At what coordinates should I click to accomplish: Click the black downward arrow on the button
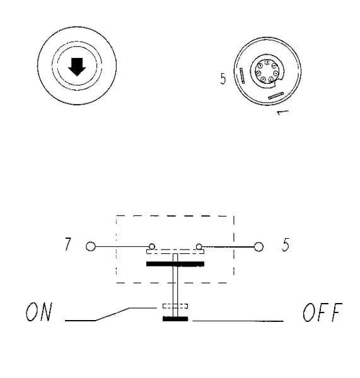tap(77, 67)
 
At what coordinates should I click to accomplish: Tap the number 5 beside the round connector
tap(223, 79)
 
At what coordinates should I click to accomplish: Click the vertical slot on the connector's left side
tap(242, 76)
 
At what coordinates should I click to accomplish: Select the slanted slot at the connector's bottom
tap(276, 96)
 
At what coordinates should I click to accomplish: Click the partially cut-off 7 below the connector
tap(282, 113)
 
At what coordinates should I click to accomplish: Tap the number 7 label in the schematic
tap(68, 244)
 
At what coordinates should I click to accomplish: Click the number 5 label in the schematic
tap(286, 244)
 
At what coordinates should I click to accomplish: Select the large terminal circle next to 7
tap(91, 246)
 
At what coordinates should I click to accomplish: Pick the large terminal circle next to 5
tap(259, 246)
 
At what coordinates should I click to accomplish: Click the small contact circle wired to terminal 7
tap(152, 246)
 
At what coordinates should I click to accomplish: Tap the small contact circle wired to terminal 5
tap(199, 246)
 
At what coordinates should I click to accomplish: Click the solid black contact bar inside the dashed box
tap(175, 264)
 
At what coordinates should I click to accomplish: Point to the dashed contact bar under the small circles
tap(175, 251)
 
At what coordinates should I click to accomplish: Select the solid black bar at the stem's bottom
tap(175, 319)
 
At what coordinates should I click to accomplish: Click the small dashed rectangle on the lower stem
tap(175, 306)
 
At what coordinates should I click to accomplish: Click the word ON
tap(39, 312)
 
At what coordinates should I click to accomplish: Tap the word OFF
tap(323, 312)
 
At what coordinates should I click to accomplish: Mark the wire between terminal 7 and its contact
tap(122, 246)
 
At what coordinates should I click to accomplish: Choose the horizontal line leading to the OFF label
tap(238, 321)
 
